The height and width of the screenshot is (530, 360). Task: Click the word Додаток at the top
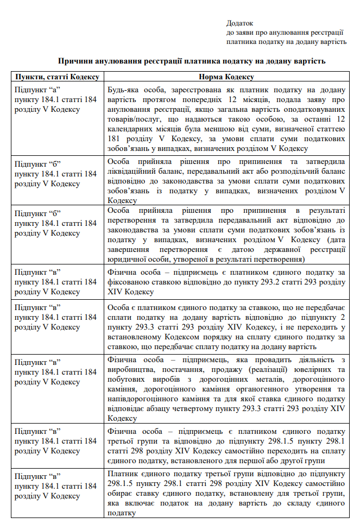pyautogui.click(x=240, y=23)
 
